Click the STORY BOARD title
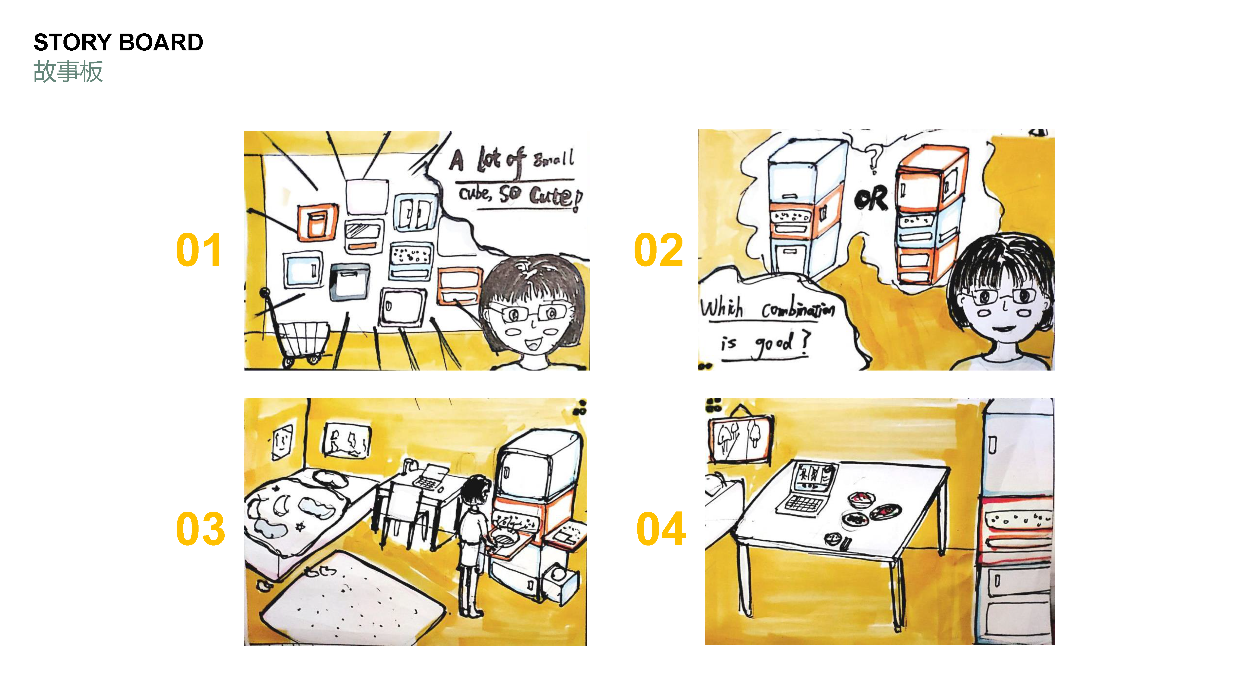(118, 42)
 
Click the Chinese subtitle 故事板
(68, 72)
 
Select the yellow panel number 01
(199, 250)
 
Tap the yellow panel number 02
(658, 250)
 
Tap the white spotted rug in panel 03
(353, 599)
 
